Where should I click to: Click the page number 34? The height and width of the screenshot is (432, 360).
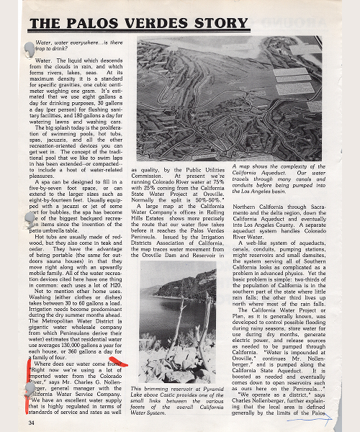point(31,423)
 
